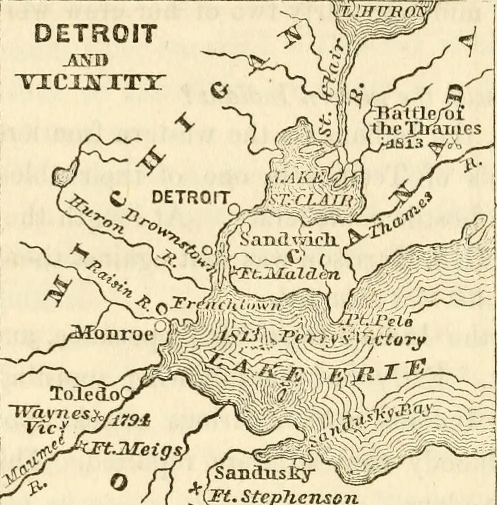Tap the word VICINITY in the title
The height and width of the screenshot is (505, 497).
(90, 81)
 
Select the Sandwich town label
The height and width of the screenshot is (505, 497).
(288, 239)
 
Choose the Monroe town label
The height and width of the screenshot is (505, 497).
(113, 333)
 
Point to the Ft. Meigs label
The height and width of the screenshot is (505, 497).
(132, 450)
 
